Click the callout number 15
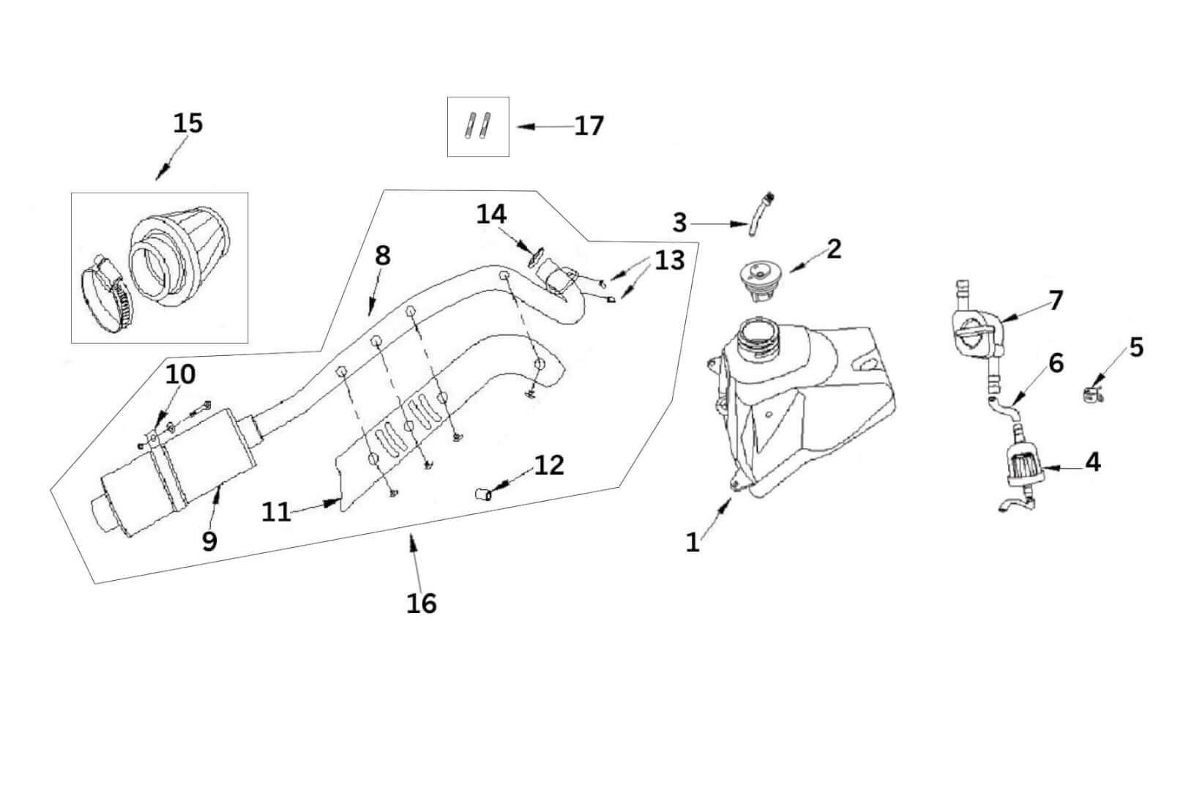(x=187, y=123)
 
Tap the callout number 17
(x=589, y=126)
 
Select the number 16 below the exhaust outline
(x=422, y=604)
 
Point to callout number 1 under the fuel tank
(x=693, y=542)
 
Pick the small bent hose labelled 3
(x=758, y=215)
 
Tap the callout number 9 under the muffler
(x=209, y=541)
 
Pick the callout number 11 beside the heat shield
(x=277, y=511)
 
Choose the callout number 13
(x=669, y=260)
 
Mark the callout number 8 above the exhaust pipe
(x=382, y=256)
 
